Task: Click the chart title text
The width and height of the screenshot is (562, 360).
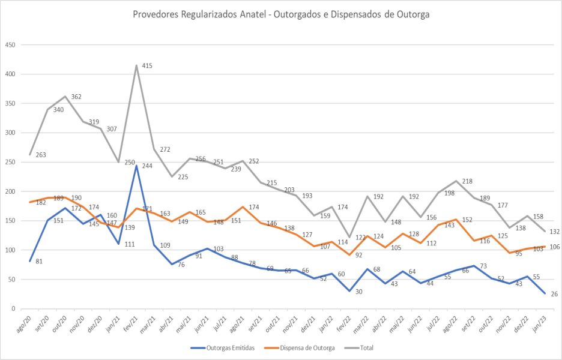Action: (x=281, y=14)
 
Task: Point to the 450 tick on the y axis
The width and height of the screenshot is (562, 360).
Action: (x=10, y=45)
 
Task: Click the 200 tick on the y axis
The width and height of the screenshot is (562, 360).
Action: (x=10, y=191)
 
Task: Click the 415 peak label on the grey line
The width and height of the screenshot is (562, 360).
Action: (x=147, y=66)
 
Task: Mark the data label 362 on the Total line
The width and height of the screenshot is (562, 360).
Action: (x=76, y=97)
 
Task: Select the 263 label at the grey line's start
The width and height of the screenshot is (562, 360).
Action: (x=41, y=155)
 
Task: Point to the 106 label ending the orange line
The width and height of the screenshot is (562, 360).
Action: (x=554, y=247)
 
